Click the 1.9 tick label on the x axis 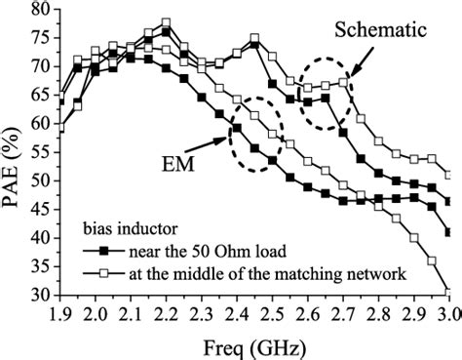tap(60, 314)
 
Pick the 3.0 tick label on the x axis tap(447, 314)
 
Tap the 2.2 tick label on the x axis tap(167, 314)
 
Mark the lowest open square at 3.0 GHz tap(448, 292)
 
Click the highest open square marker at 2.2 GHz tap(167, 22)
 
